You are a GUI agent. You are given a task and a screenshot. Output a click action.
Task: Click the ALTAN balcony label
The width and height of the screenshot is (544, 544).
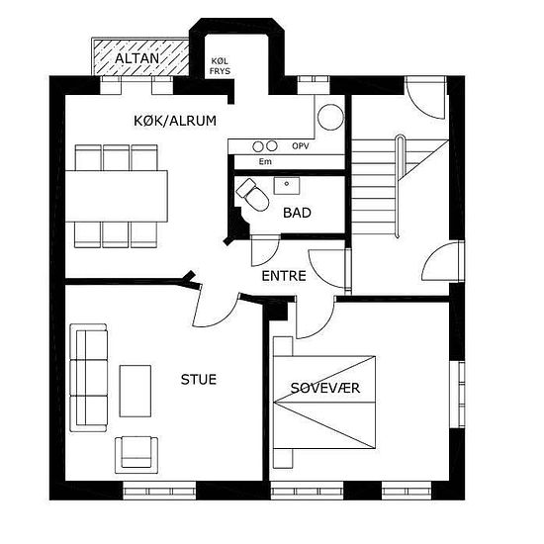[137, 58]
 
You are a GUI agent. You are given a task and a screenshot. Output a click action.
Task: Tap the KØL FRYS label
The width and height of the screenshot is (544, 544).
[220, 66]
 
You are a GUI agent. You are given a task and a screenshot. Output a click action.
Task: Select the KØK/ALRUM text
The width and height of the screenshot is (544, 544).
[175, 121]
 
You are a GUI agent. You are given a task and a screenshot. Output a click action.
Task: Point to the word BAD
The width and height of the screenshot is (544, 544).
[297, 213]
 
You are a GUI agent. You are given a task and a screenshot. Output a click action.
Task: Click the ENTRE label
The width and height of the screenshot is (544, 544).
[284, 276]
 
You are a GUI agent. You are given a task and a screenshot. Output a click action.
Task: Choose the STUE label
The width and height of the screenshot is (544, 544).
[199, 380]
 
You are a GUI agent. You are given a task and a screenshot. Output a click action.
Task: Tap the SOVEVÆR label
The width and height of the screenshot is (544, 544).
[325, 388]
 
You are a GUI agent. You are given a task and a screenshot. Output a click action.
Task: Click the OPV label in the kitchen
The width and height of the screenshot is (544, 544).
[301, 146]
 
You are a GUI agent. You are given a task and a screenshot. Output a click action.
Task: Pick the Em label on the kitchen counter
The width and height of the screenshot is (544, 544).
[265, 161]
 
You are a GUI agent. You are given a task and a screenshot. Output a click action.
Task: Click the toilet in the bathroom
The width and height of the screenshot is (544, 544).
[253, 194]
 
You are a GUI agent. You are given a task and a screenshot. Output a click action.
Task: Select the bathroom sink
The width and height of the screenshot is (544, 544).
[287, 186]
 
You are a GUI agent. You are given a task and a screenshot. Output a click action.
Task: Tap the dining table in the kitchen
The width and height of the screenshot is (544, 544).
[117, 196]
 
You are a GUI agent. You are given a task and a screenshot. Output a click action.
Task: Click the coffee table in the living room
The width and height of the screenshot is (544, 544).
[136, 391]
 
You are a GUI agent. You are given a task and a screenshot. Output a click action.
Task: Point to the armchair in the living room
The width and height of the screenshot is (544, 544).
[136, 455]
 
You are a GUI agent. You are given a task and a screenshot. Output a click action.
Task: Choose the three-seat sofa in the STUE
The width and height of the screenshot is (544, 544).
[88, 378]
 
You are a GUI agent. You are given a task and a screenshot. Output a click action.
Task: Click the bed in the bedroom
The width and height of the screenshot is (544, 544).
[324, 403]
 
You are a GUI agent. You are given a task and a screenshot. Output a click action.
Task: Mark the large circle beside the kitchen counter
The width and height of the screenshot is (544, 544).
[330, 118]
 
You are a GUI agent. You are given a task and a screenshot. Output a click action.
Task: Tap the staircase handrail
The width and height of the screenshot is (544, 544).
[399, 186]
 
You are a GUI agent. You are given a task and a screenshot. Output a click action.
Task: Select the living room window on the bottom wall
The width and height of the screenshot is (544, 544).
[159, 491]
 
